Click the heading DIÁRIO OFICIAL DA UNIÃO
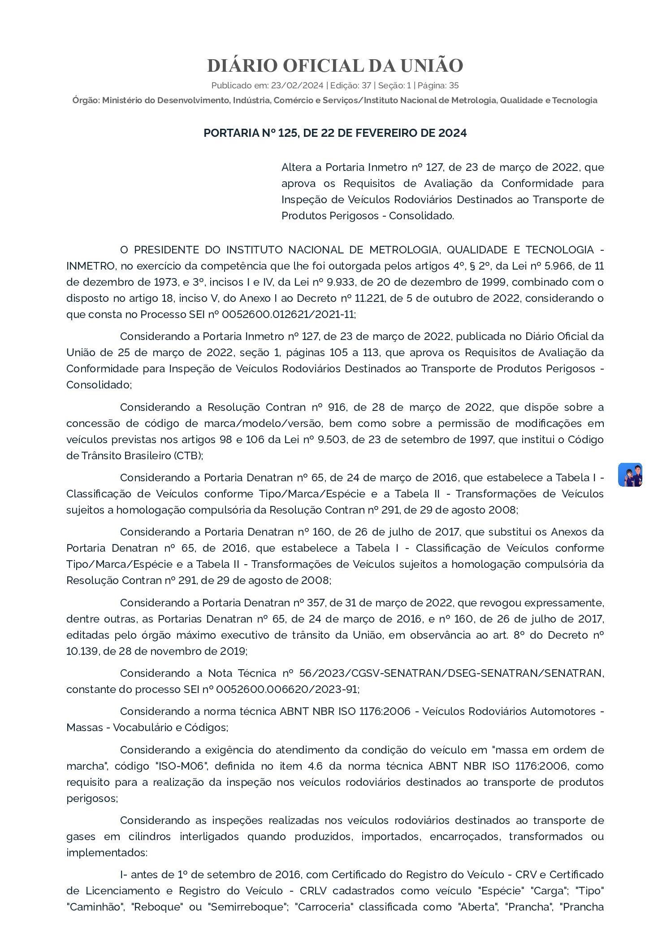(335, 66)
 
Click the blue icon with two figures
(630, 475)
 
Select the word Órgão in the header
(86, 100)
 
